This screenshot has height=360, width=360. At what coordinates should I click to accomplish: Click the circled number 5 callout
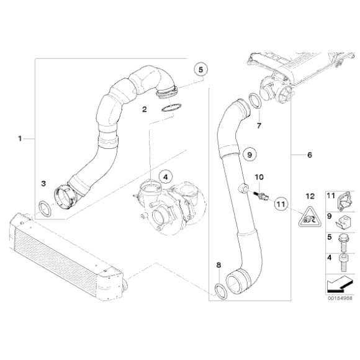[x=200, y=70]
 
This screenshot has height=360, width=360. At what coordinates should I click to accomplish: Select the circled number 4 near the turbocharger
[x=164, y=177]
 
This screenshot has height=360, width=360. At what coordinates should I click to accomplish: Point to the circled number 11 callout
[x=280, y=203]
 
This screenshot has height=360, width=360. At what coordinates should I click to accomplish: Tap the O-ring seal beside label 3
[x=45, y=207]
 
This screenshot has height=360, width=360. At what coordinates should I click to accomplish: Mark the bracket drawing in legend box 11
[x=340, y=197]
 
